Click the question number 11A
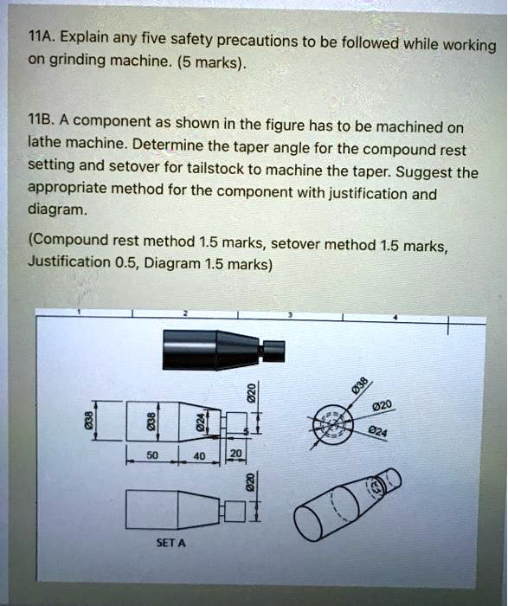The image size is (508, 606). coord(42,36)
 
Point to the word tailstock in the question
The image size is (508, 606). coord(215,169)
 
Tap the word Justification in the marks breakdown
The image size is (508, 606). coord(69,261)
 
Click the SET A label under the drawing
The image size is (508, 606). coord(170,543)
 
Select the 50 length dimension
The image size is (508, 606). coord(152,455)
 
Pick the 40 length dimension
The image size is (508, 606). coord(199,456)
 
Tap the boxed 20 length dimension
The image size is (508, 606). coord(235,453)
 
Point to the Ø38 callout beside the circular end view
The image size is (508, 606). coord(360,384)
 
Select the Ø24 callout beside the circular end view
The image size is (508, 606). coord(377,432)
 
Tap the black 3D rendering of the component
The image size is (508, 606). coord(223,350)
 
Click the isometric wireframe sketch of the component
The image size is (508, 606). coord(348,505)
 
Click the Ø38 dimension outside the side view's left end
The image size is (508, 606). coord(88,420)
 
